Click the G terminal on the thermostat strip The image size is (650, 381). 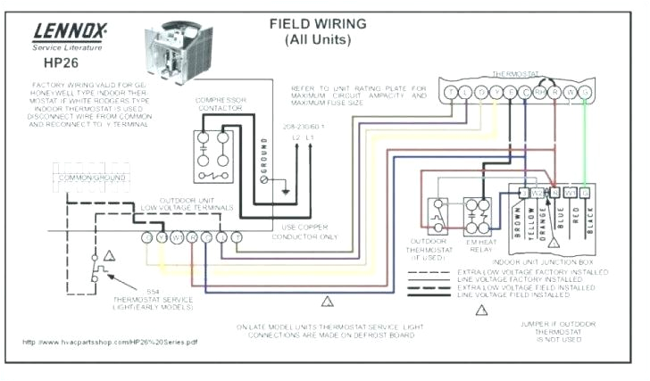pyautogui.click(x=584, y=92)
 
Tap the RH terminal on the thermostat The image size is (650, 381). pyautogui.click(x=539, y=92)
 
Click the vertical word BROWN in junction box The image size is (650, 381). pyautogui.click(x=519, y=219)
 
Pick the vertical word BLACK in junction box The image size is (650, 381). pyautogui.click(x=589, y=219)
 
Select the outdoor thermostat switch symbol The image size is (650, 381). pyautogui.click(x=437, y=215)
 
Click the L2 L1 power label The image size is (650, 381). pyautogui.click(x=305, y=139)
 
